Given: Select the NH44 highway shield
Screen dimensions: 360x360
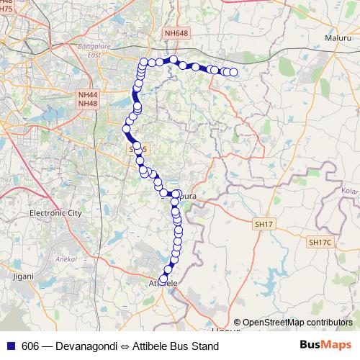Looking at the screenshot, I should coord(88,94).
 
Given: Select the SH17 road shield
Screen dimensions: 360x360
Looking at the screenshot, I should coord(264,225).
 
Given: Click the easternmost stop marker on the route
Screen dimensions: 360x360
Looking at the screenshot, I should coord(233,72).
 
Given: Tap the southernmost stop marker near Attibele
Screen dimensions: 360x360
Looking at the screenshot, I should coord(163,279).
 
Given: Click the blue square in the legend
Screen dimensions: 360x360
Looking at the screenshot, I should coord(9,346).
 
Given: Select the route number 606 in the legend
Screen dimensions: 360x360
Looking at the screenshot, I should coord(30,346).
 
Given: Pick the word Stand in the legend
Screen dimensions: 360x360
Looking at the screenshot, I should coord(204,346).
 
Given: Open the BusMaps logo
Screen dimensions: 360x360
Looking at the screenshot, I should coord(325,345).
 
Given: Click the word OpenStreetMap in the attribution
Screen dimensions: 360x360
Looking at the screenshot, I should coord(275,322).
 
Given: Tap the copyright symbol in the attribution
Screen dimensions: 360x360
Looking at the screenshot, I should coord(238,322).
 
